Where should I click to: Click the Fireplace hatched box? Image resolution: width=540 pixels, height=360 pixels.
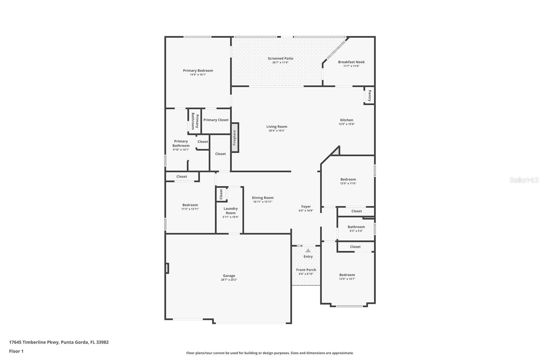pos(235,137)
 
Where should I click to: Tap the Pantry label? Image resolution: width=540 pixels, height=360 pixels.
pos(370,95)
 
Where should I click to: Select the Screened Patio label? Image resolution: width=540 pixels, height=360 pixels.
pos(280,58)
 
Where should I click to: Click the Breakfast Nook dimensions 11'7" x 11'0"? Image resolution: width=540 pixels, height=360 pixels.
pos(351,66)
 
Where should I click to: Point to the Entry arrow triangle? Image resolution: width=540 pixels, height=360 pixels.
pos(308,251)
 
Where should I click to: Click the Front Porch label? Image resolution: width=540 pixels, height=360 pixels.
pos(306,270)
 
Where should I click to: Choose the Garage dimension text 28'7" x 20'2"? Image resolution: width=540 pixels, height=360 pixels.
pos(229,280)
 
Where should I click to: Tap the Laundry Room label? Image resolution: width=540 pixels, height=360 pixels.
pos(231,211)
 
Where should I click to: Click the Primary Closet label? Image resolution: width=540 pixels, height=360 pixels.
pos(216,120)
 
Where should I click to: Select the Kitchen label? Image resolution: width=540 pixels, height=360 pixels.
pos(347,120)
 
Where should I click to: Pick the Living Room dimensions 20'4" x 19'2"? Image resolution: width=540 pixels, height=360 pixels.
pos(277,131)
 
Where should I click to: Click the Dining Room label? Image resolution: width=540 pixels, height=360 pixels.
pos(263,198)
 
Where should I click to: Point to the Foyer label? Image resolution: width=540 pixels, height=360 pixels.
pos(306,207)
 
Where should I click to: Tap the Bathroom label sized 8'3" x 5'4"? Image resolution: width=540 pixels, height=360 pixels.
pos(356,227)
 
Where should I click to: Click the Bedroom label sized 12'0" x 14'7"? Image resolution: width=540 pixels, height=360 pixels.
pos(347,275)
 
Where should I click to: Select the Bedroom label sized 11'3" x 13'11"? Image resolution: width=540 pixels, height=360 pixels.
pos(190,205)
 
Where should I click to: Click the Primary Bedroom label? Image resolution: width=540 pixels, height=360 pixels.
pos(198,71)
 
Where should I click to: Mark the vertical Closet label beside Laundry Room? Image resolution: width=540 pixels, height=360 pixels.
pos(221,194)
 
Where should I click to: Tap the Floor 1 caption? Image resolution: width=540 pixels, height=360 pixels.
pos(16,351)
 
